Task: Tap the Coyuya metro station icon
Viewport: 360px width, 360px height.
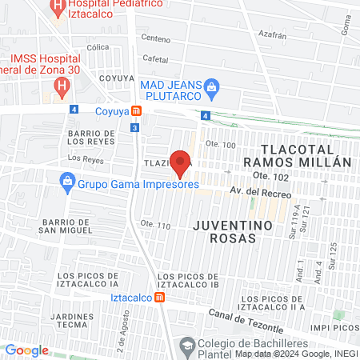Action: pyautogui.click(x=137, y=111)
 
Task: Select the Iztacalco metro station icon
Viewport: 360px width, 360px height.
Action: pyautogui.click(x=161, y=298)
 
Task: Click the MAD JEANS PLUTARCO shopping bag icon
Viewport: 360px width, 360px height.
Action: pyautogui.click(x=212, y=86)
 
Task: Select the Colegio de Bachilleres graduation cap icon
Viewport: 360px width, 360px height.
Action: pyautogui.click(x=186, y=345)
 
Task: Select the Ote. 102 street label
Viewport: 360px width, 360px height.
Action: pyautogui.click(x=269, y=175)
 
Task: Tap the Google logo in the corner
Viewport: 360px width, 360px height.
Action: pyautogui.click(x=27, y=350)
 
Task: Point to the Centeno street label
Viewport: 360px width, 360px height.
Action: pyautogui.click(x=156, y=38)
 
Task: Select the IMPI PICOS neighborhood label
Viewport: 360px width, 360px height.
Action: pyautogui.click(x=333, y=327)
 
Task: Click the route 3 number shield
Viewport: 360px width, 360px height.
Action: pyautogui.click(x=135, y=126)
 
